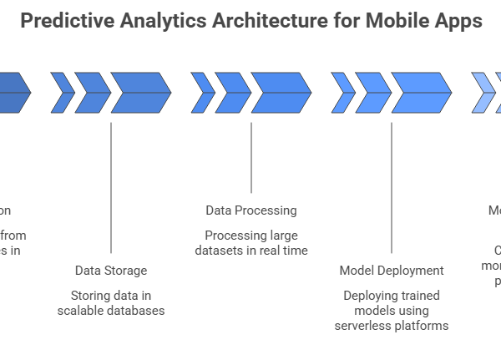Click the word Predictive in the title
click(x=64, y=21)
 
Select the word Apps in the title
click(x=456, y=21)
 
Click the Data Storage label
click(x=111, y=271)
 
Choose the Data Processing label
click(x=251, y=210)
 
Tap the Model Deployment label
click(x=392, y=271)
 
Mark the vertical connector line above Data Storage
click(x=111, y=188)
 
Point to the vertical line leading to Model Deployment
click(x=392, y=188)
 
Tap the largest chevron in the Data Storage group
click(x=140, y=92)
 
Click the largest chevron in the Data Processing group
click(x=281, y=92)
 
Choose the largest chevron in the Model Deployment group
click(x=421, y=92)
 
